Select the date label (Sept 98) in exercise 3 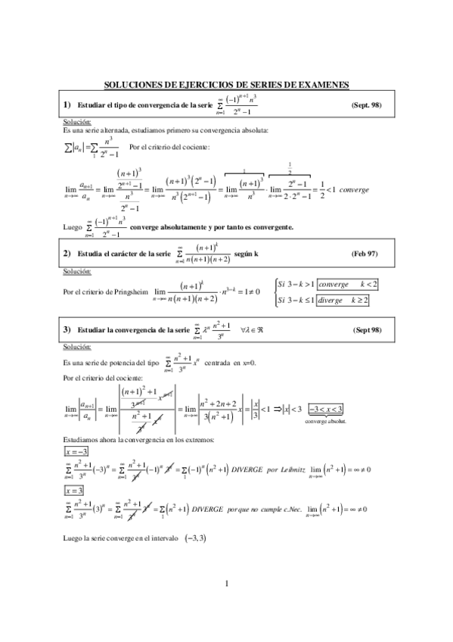368,331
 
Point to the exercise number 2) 67,253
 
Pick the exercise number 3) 67,331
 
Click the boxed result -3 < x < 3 325,410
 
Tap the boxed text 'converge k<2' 347,284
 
